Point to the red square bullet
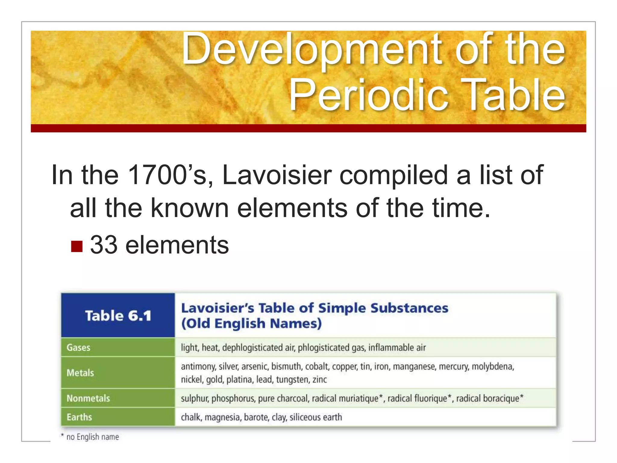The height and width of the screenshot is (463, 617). pos(77,246)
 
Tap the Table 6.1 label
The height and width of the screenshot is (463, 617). pos(118,316)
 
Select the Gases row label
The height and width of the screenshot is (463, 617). pos(78,348)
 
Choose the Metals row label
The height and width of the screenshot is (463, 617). pos(80,373)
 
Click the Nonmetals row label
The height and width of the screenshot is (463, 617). pos(88,398)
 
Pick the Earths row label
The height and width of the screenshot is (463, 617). pos(79,417)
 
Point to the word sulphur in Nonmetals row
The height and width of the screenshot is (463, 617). pos(194,398)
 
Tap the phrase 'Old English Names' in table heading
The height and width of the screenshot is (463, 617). pos(252,323)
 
